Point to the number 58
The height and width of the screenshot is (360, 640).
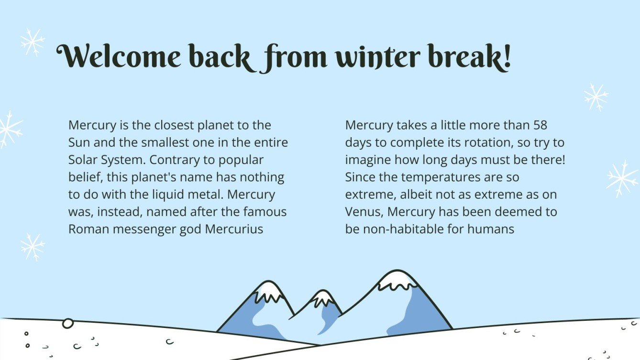click(540, 125)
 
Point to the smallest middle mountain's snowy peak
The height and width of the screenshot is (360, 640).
click(323, 298)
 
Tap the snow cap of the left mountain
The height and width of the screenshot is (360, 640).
click(268, 290)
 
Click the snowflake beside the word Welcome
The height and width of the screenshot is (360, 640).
click(33, 42)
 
